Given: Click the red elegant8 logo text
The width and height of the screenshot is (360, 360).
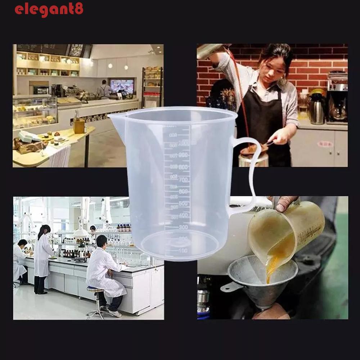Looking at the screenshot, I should tap(49, 9).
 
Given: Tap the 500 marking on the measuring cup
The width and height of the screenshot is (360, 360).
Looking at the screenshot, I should tap(184, 203).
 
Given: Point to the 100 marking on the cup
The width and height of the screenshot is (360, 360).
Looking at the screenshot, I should tap(183, 250).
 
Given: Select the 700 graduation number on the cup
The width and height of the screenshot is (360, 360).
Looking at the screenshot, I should tap(184, 179).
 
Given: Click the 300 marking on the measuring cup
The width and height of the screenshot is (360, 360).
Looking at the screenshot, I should tap(183, 227).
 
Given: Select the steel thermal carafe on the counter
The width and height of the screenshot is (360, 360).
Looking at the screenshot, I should tap(317, 108).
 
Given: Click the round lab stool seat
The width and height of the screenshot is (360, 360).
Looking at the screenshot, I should tap(95, 289).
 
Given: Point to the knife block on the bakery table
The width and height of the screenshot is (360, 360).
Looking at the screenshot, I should tap(79, 124).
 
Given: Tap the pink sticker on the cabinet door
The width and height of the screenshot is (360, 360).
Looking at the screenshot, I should tap(325, 144).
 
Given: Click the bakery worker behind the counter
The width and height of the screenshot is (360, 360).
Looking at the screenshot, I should tap(104, 90).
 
